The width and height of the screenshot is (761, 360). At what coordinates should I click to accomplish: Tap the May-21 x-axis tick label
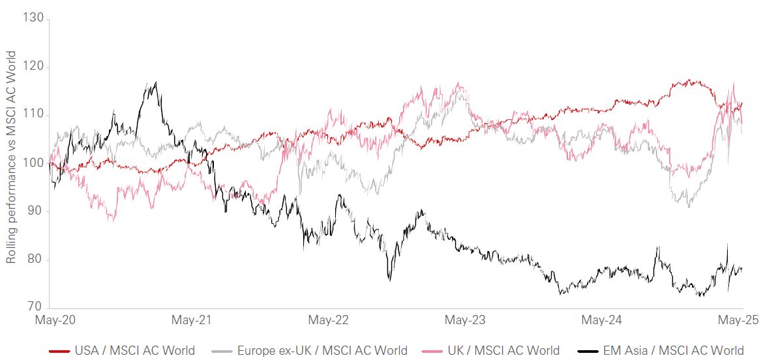(192, 320)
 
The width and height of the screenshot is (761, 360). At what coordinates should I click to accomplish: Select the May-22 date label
(329, 320)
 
